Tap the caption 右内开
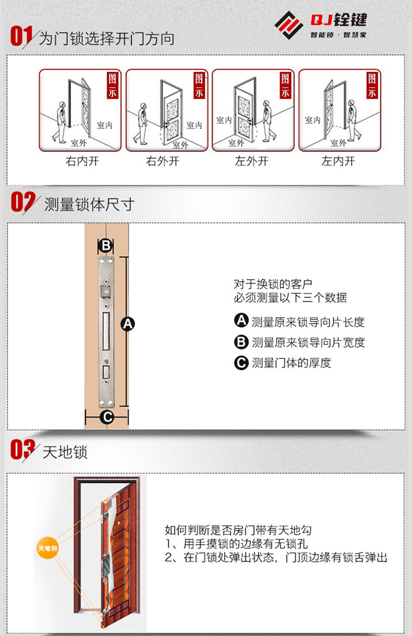[x=82, y=161]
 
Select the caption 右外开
[x=163, y=161]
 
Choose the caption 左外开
[x=252, y=161]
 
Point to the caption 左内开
[x=338, y=161]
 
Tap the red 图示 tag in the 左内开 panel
[x=372, y=85]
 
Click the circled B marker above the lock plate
[x=106, y=245]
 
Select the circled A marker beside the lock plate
[x=127, y=324]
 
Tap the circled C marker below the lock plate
[x=107, y=417]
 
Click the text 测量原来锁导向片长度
[x=308, y=322]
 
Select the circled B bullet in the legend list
[x=241, y=342]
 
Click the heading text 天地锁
[x=65, y=452]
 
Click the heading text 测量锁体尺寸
[x=89, y=204]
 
